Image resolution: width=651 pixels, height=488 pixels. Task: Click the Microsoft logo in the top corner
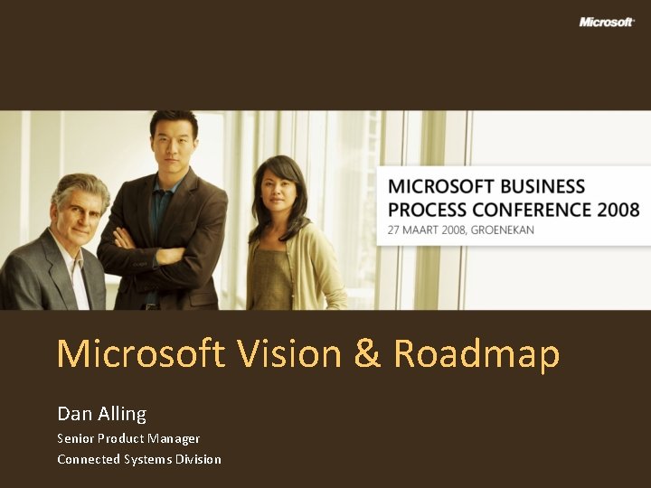tap(607, 22)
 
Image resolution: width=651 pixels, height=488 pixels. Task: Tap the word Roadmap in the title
tap(476, 354)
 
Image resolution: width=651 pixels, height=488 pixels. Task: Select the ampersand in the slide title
tap(367, 354)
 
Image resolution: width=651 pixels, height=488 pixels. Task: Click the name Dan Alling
tap(101, 414)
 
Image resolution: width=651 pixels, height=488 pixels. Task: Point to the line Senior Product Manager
tap(128, 438)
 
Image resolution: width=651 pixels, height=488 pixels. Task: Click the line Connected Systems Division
tap(139, 459)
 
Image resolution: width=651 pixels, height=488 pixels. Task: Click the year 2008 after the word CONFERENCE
tap(618, 210)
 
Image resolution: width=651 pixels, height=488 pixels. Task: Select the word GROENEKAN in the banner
tap(500, 230)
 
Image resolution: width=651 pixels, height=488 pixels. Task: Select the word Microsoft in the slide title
tap(140, 354)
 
